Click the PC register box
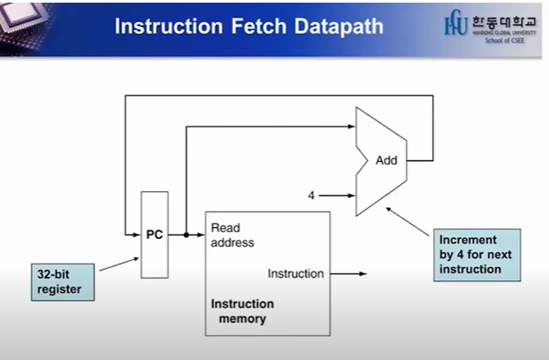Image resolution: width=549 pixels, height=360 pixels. (x=154, y=234)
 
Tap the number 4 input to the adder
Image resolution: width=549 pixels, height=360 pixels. (x=311, y=195)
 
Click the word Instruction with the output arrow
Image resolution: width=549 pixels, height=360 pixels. (x=295, y=273)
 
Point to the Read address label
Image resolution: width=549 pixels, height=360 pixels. (x=232, y=235)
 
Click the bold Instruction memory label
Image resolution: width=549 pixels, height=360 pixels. (x=241, y=310)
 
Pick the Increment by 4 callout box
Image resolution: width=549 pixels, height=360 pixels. (x=477, y=255)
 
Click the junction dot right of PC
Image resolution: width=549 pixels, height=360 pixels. (x=186, y=235)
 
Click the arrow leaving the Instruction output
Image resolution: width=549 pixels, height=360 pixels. (x=349, y=273)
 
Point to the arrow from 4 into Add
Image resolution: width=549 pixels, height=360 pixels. (x=338, y=195)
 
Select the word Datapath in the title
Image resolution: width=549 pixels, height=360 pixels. (x=339, y=27)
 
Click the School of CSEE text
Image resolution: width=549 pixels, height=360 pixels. (x=508, y=39)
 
